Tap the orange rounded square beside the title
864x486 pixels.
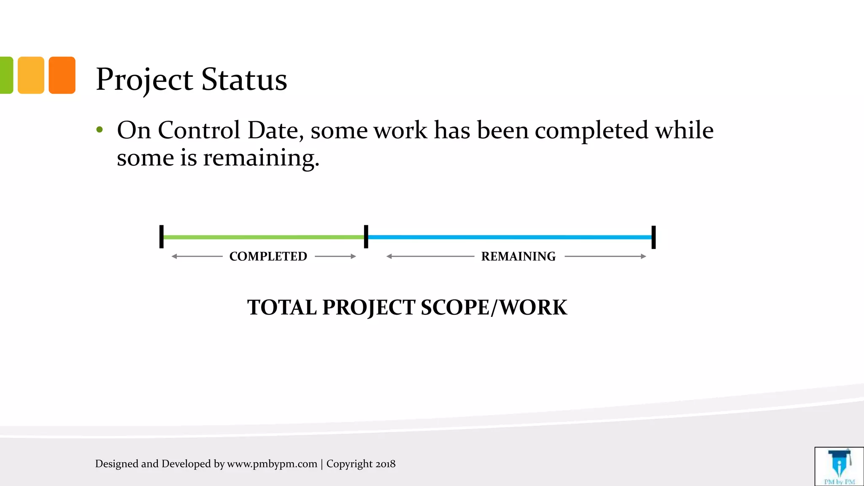(x=62, y=75)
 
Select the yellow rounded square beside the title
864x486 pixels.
(x=31, y=75)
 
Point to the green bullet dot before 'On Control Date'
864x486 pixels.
(x=100, y=130)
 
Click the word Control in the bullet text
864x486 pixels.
(x=199, y=130)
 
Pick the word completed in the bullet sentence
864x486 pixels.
(x=591, y=130)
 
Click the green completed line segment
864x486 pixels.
(x=264, y=237)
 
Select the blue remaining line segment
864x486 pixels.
(x=510, y=237)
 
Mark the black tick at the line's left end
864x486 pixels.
(x=162, y=237)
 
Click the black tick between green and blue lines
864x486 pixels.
(x=366, y=237)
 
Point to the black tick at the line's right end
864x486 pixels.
(x=653, y=237)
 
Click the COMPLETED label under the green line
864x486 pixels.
(x=268, y=256)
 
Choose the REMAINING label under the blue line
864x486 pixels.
(x=518, y=256)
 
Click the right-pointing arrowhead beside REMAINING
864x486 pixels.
(x=643, y=256)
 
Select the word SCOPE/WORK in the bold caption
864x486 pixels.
(x=494, y=307)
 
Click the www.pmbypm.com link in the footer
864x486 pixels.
(x=272, y=464)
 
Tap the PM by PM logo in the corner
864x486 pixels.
(x=839, y=466)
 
